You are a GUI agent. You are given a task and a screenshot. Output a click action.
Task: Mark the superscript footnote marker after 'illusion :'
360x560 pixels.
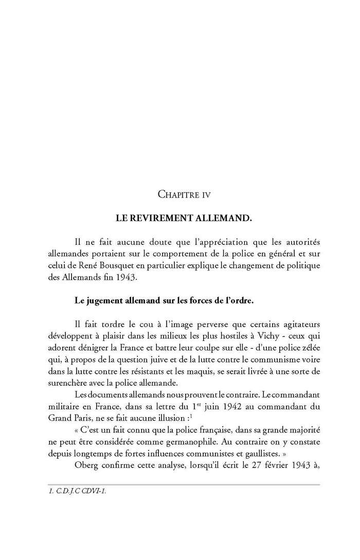click(191, 412)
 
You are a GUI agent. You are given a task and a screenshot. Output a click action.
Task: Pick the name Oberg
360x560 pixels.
click(87, 461)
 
